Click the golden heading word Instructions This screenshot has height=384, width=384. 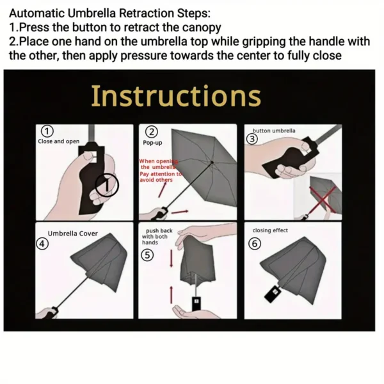(x=176, y=96)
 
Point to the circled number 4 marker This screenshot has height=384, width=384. (x=42, y=243)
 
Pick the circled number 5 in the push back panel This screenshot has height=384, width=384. (x=147, y=254)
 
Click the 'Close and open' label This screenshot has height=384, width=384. (x=59, y=141)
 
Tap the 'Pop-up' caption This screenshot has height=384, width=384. (x=152, y=143)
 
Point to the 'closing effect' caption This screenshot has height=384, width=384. (x=270, y=230)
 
